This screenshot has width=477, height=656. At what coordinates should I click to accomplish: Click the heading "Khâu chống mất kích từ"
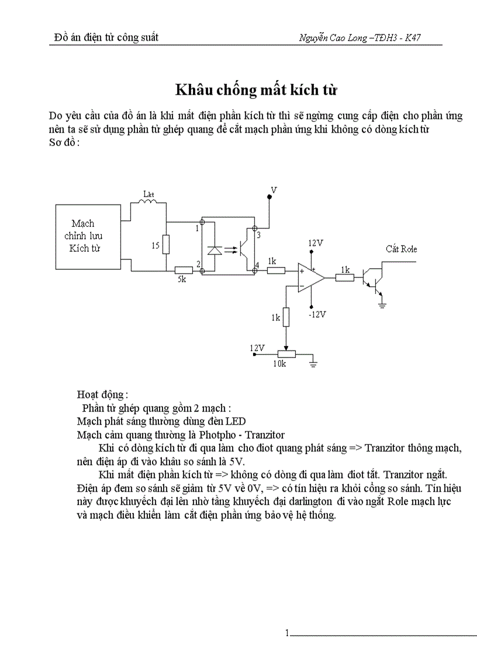[257, 91]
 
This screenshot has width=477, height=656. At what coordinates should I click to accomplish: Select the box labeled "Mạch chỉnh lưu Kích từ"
[82, 235]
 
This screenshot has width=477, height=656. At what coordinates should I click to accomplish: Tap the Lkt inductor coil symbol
[146, 201]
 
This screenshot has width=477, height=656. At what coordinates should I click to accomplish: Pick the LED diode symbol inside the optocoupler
[215, 250]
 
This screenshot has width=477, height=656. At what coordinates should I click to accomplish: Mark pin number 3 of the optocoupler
[258, 234]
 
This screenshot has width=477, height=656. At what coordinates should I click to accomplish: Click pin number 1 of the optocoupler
[197, 227]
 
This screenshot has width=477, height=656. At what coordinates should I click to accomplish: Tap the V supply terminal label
[274, 190]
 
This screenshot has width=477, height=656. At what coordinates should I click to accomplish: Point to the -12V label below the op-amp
[316, 314]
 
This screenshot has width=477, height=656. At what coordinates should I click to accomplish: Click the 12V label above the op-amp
[316, 242]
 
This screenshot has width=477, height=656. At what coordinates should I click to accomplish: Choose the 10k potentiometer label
[280, 364]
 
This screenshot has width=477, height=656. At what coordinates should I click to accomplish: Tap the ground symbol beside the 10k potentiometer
[314, 363]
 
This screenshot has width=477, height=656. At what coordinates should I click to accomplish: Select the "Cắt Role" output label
[401, 249]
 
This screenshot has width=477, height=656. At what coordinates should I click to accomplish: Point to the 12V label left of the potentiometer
[258, 348]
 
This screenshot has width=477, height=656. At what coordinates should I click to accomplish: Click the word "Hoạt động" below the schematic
[101, 394]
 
